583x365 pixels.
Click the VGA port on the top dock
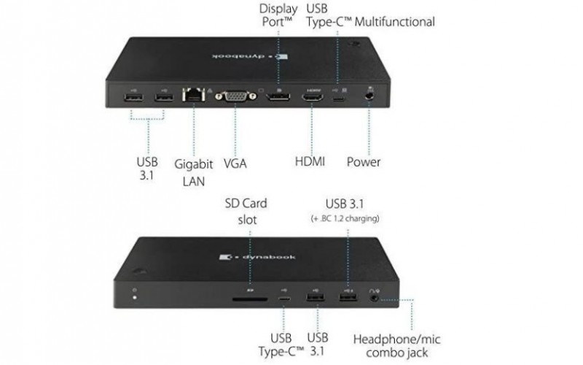(235, 96)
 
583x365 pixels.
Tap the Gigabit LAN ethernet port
(193, 95)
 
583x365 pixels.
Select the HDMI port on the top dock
(312, 98)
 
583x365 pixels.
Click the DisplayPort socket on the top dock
(278, 97)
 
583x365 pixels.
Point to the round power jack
(369, 96)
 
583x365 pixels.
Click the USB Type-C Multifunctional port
(338, 99)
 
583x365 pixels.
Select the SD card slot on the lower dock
(250, 299)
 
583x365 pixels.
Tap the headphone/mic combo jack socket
(375, 298)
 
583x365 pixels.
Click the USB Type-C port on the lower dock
(284, 299)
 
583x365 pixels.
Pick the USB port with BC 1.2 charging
(348, 298)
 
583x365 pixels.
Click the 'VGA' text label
(235, 163)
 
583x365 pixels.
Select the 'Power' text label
(363, 162)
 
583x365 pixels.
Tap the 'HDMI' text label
(310, 161)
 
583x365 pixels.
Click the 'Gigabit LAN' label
(193, 172)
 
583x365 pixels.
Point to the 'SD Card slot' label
(246, 211)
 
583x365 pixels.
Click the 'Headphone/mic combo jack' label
(396, 345)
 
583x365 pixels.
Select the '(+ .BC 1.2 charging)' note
(345, 218)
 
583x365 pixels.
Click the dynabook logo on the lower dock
(257, 257)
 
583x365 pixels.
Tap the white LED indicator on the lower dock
(135, 298)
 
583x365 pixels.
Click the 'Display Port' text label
(278, 15)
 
